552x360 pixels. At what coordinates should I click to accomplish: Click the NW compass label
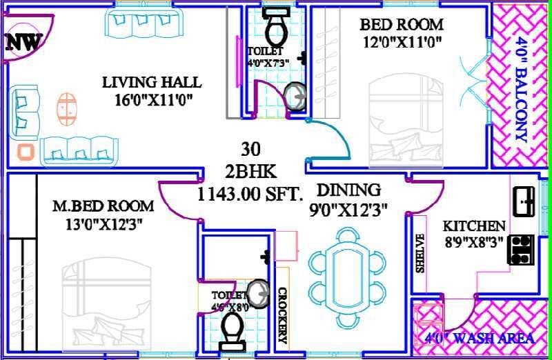[x=22, y=43]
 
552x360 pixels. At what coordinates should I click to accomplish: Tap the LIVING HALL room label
[x=152, y=83]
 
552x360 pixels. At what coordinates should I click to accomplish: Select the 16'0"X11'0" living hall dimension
[x=153, y=99]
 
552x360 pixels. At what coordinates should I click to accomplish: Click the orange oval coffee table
[x=67, y=108]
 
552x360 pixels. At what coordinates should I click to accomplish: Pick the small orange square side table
[x=26, y=152]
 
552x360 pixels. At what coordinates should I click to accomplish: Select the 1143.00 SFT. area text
[x=250, y=194]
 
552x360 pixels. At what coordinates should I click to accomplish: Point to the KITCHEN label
[x=473, y=226]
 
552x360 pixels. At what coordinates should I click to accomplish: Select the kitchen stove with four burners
[x=521, y=250]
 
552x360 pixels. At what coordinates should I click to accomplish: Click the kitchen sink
[x=524, y=201]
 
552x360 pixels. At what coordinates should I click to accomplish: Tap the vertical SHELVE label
[x=420, y=252]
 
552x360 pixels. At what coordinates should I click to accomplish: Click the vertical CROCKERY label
[x=282, y=314]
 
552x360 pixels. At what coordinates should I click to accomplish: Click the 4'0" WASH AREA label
[x=479, y=339]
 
